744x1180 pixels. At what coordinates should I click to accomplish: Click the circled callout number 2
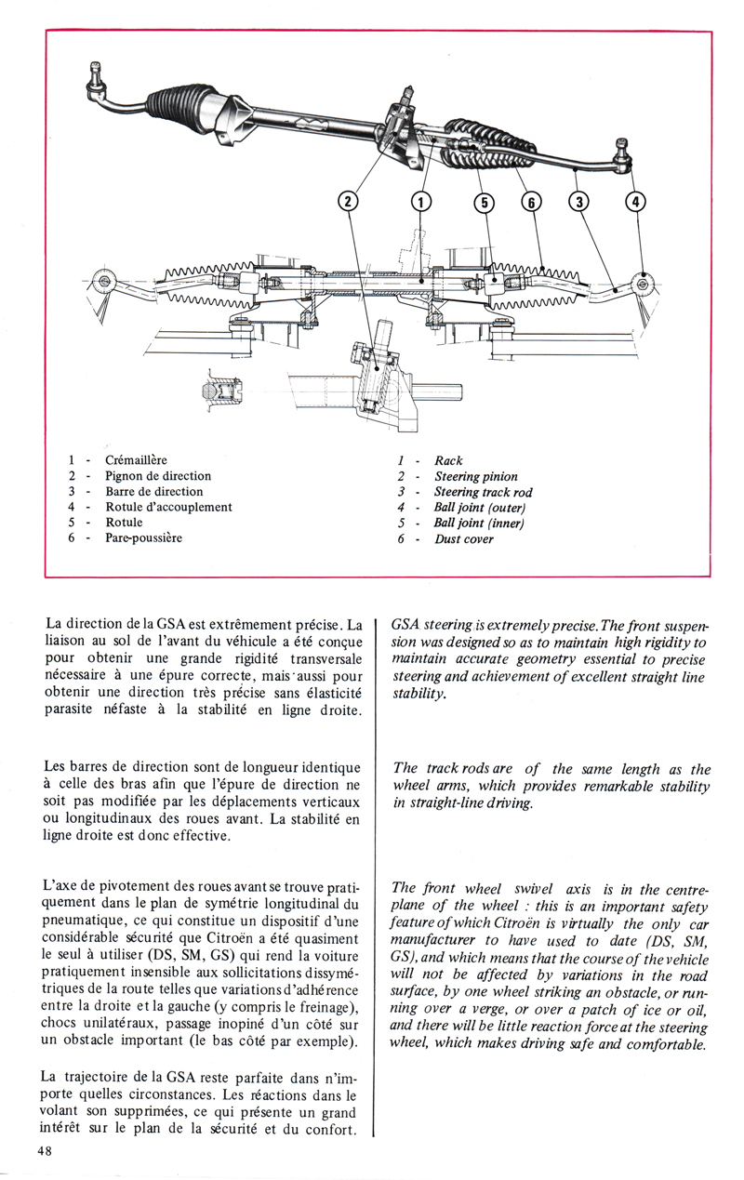pyautogui.click(x=347, y=202)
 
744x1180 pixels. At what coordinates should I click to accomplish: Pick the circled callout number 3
pyautogui.click(x=579, y=202)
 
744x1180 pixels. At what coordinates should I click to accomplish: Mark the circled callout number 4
pyautogui.click(x=637, y=202)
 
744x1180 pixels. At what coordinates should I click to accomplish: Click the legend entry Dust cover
pyautogui.click(x=464, y=539)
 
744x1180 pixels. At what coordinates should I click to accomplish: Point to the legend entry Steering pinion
pyautogui.click(x=476, y=477)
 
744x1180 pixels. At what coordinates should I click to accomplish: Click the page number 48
pyautogui.click(x=45, y=1152)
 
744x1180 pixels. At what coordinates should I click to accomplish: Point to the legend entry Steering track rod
pyautogui.click(x=484, y=492)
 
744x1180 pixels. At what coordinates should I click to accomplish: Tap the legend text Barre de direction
pyautogui.click(x=154, y=491)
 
